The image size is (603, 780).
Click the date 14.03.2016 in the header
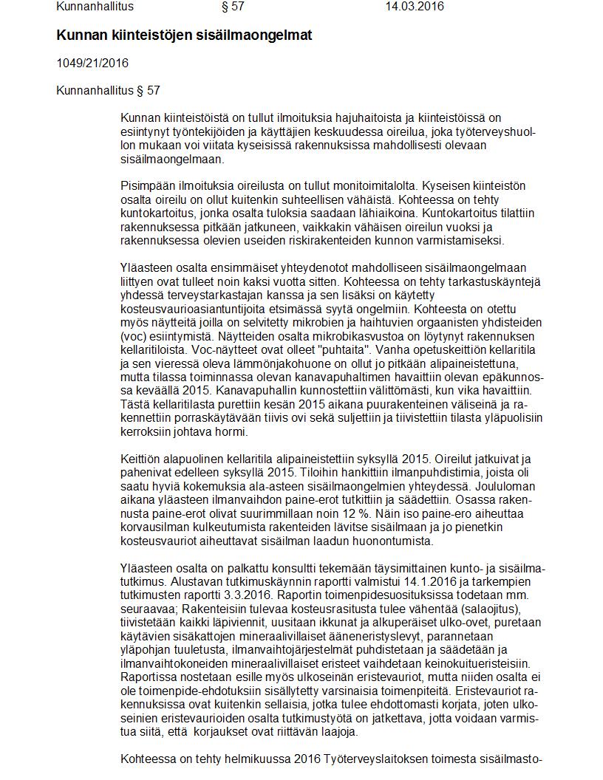tap(415, 7)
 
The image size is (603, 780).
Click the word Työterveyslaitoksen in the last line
tap(372, 759)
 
